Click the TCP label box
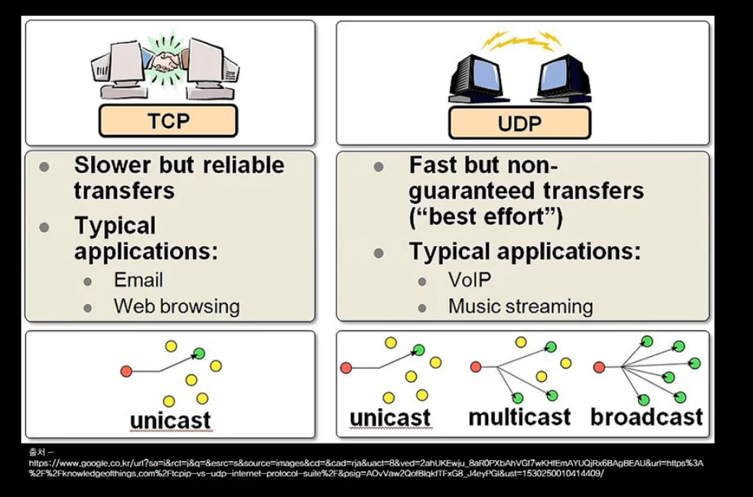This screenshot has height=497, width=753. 168,121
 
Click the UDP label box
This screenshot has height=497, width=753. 519,123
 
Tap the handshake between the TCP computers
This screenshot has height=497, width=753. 167,61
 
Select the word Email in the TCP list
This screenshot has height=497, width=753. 138,280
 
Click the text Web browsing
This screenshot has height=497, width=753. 176,306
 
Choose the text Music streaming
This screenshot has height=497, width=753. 520,306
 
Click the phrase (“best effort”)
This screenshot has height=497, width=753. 486,217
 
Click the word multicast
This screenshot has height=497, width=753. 519,417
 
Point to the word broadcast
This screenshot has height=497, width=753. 646,417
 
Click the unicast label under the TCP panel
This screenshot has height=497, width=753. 170,420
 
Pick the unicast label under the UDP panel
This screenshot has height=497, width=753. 390,417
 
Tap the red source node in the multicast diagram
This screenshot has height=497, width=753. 475,367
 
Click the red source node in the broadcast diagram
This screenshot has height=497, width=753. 599,367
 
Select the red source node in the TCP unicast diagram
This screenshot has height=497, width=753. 126,371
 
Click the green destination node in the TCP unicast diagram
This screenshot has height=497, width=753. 199,354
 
